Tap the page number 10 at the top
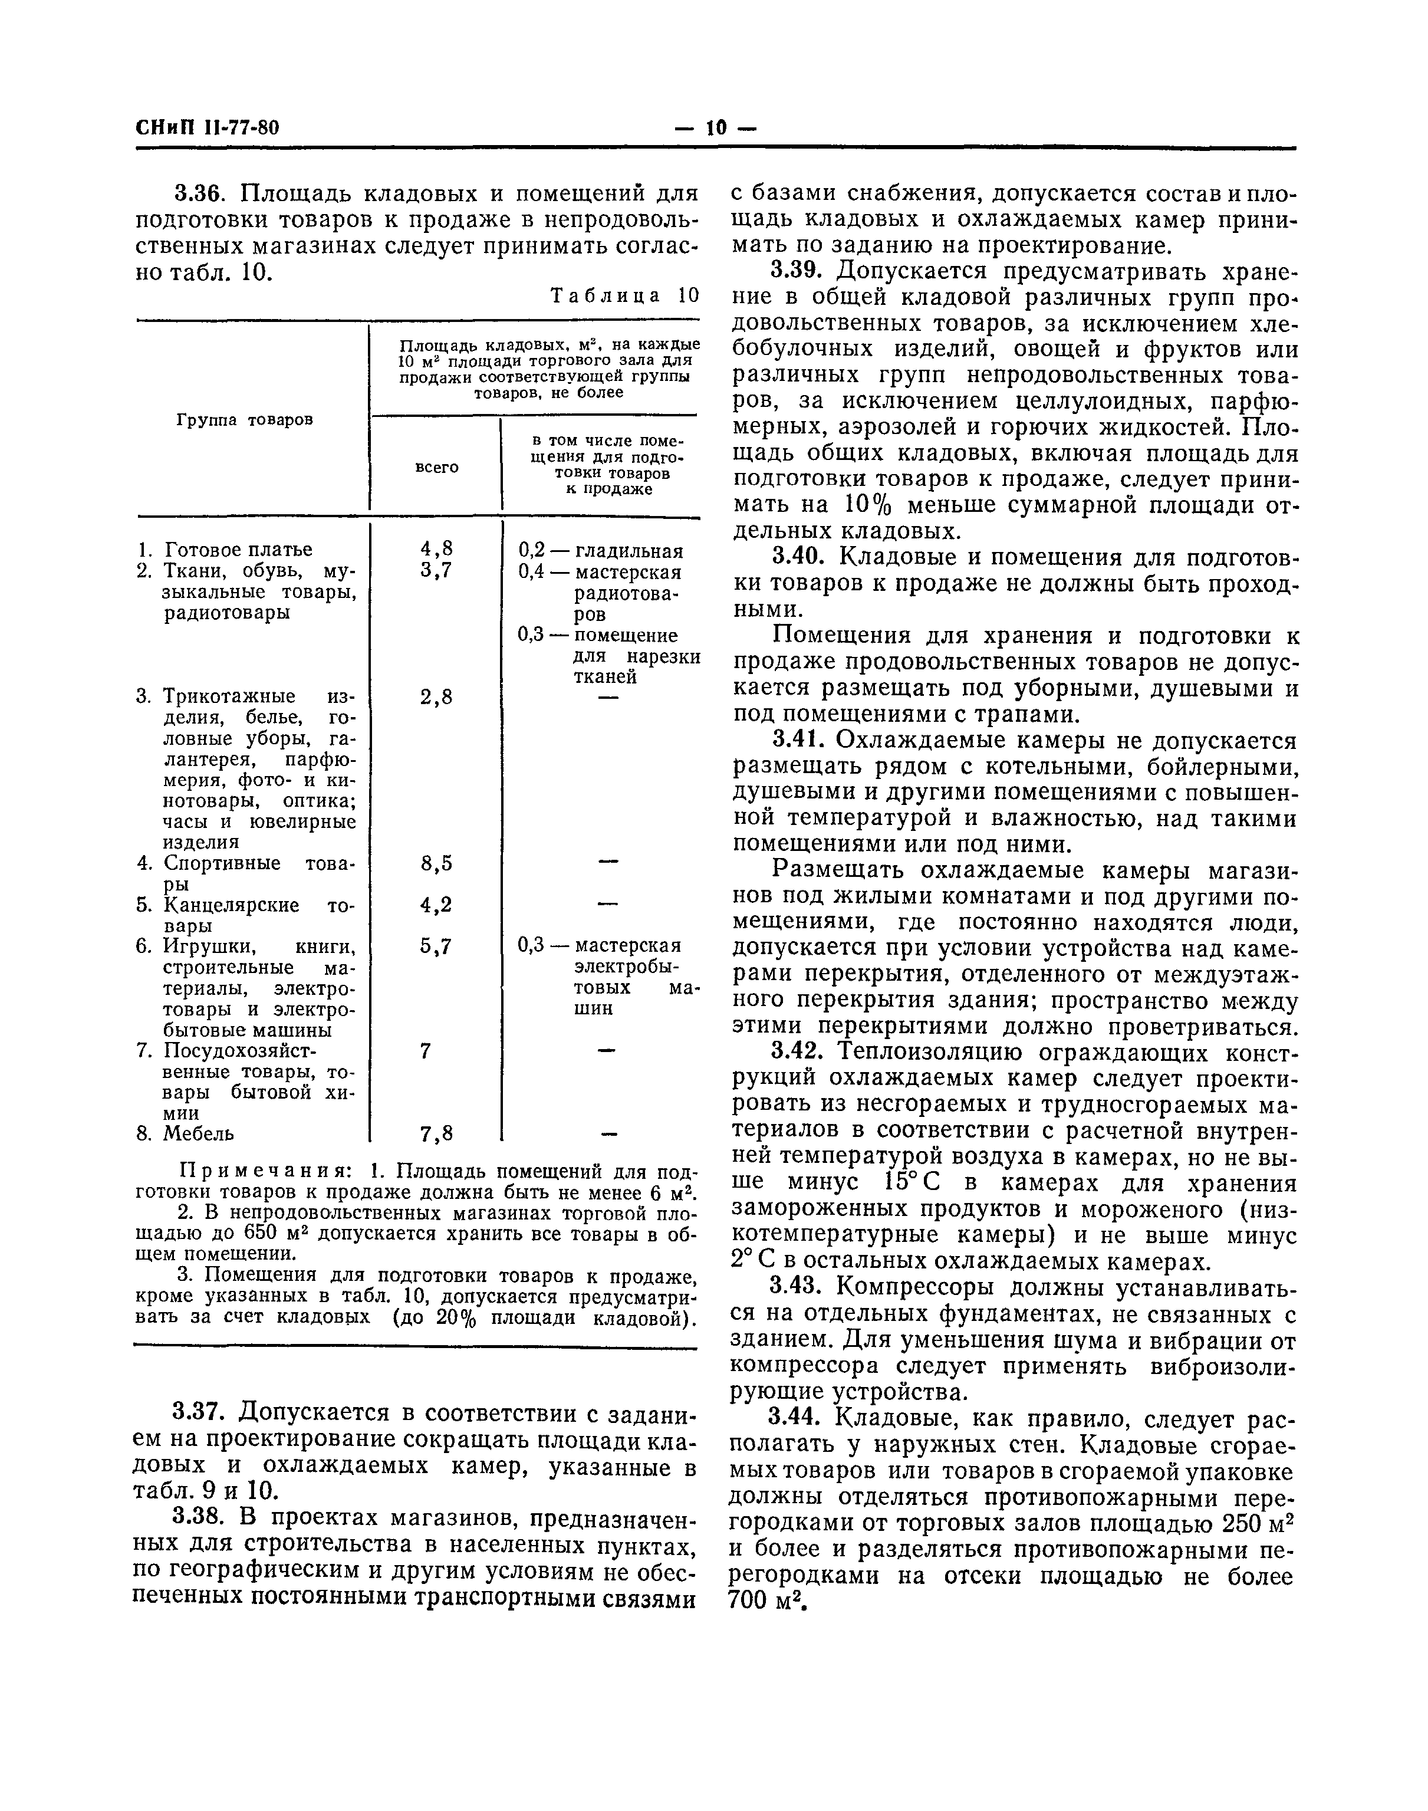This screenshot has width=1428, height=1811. pyautogui.click(x=716, y=128)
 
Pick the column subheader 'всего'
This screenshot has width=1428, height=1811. pyautogui.click(x=436, y=466)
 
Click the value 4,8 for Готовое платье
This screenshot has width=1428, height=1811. pyautogui.click(x=436, y=550)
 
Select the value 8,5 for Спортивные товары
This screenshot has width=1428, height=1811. pyautogui.click(x=436, y=863)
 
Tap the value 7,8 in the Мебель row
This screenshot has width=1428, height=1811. pyautogui.click(x=436, y=1134)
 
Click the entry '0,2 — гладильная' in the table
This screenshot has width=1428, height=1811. pyautogui.click(x=600, y=551)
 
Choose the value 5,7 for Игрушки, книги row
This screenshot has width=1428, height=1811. pyautogui.click(x=436, y=946)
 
